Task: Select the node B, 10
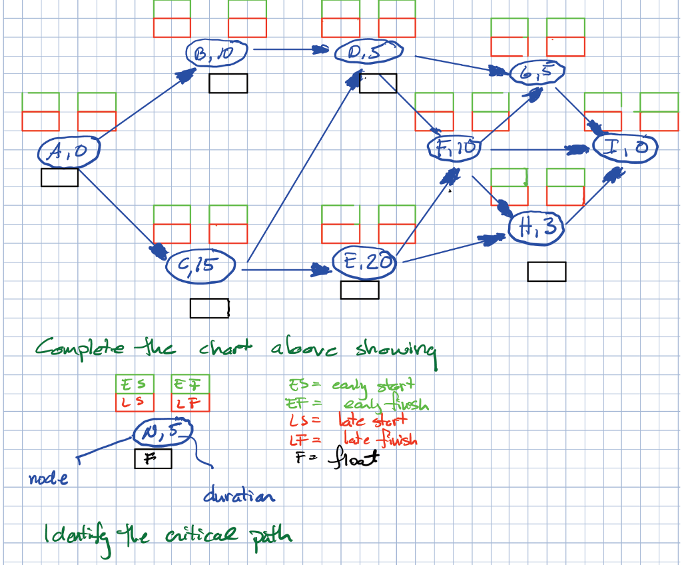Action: click(216, 54)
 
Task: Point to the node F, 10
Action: click(455, 148)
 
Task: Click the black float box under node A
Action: click(59, 177)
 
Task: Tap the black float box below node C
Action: click(210, 308)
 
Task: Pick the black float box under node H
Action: click(547, 272)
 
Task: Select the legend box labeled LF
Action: click(190, 402)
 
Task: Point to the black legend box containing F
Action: click(153, 458)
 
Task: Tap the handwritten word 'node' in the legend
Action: click(49, 478)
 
